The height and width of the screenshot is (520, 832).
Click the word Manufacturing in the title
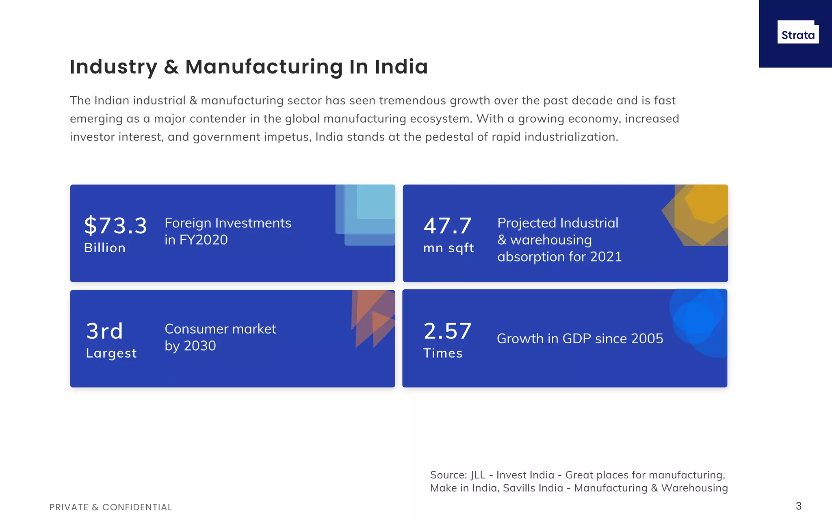pyautogui.click(x=264, y=67)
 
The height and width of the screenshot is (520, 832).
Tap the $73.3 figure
pyautogui.click(x=115, y=225)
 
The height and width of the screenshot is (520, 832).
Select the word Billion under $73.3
pyautogui.click(x=105, y=248)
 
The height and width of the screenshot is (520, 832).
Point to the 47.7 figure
pyautogui.click(x=448, y=226)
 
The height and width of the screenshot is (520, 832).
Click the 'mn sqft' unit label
pyautogui.click(x=448, y=248)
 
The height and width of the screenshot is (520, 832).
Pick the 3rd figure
pyautogui.click(x=104, y=331)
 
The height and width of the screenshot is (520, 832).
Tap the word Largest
pyautogui.click(x=111, y=353)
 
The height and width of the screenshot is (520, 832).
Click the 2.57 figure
pyautogui.click(x=448, y=331)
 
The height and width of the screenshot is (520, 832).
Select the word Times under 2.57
pyautogui.click(x=443, y=353)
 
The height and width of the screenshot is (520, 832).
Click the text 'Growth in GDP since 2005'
pyautogui.click(x=580, y=338)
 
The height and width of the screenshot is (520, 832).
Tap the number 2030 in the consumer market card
pyautogui.click(x=200, y=346)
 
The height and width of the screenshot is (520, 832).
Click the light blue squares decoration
pyautogui.click(x=365, y=215)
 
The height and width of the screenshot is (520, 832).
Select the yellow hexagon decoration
pyautogui.click(x=695, y=215)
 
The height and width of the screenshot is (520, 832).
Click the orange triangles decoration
pyautogui.click(x=373, y=318)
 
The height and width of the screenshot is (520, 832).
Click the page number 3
pyautogui.click(x=799, y=506)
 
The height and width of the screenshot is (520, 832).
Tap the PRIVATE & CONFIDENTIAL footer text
pyautogui.click(x=110, y=507)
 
